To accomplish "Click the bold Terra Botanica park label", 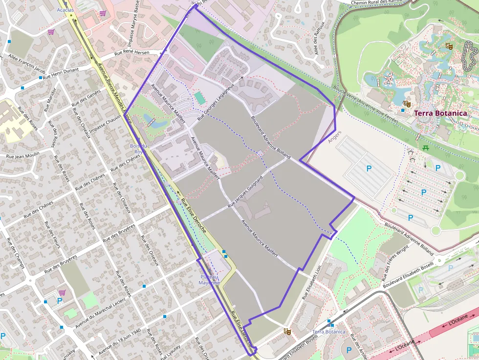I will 440,113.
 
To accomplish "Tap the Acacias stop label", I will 65,10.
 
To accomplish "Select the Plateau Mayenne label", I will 210,280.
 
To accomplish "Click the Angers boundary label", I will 335,138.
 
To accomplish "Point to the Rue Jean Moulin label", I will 22,156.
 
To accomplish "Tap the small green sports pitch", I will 199,98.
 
